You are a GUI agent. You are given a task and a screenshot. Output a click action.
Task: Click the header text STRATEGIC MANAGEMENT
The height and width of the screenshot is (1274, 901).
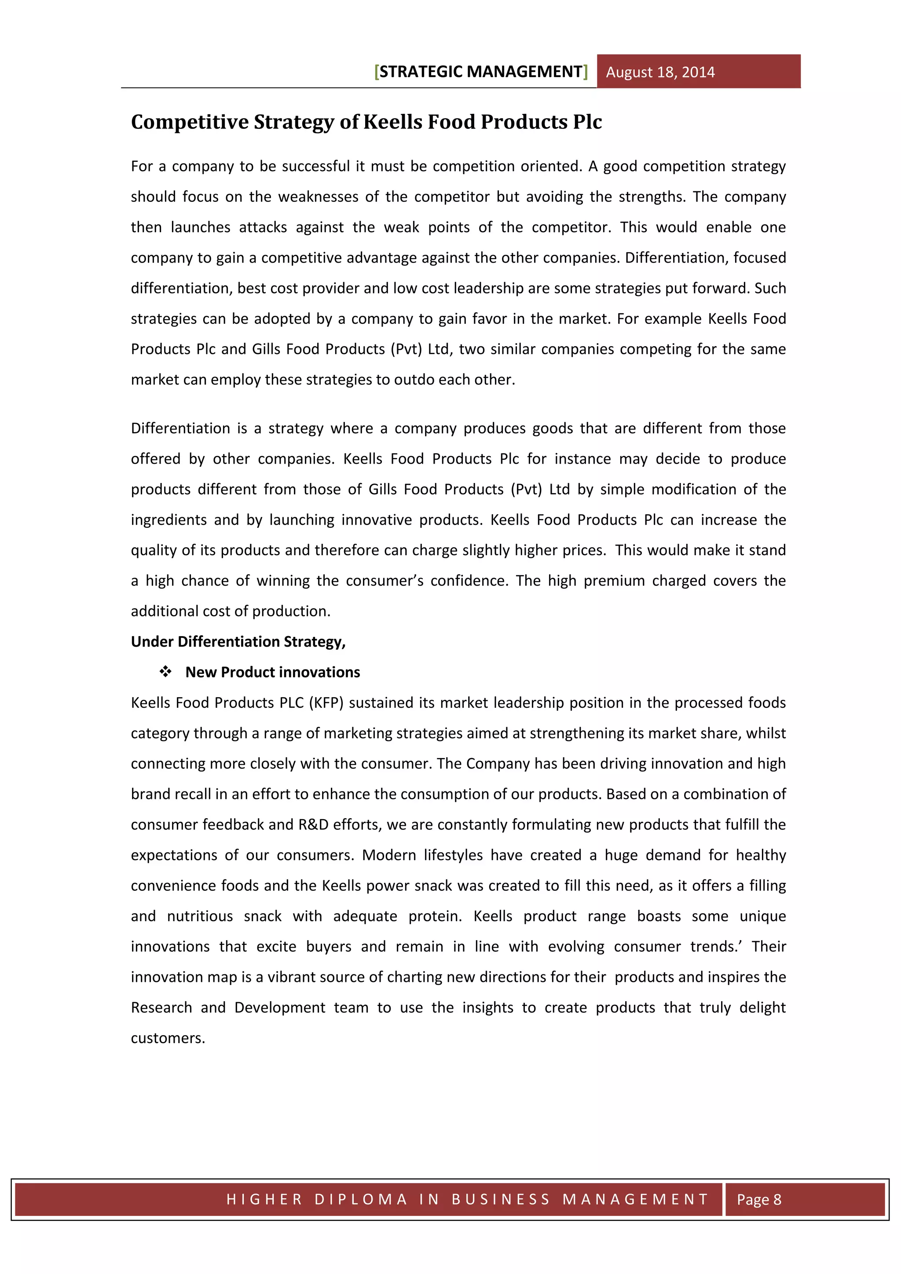480,72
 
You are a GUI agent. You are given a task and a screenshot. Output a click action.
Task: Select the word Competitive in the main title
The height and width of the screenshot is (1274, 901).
190,122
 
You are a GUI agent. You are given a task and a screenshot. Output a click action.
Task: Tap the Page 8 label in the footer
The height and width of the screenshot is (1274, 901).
758,1199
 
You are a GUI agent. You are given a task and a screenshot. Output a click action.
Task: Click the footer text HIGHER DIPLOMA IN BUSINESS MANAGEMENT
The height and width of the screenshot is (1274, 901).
467,1199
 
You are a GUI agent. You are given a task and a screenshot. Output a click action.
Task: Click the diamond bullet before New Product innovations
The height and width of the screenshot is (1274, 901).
165,672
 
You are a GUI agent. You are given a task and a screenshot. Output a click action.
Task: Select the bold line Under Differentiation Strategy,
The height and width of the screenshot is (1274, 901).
238,641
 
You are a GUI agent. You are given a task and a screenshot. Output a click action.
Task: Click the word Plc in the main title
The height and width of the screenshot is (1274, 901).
587,122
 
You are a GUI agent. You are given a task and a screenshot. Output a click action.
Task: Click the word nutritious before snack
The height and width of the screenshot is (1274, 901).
200,916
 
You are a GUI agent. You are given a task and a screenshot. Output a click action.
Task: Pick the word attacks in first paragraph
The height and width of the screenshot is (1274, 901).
263,227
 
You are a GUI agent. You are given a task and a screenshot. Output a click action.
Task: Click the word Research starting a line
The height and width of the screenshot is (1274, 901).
161,1008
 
